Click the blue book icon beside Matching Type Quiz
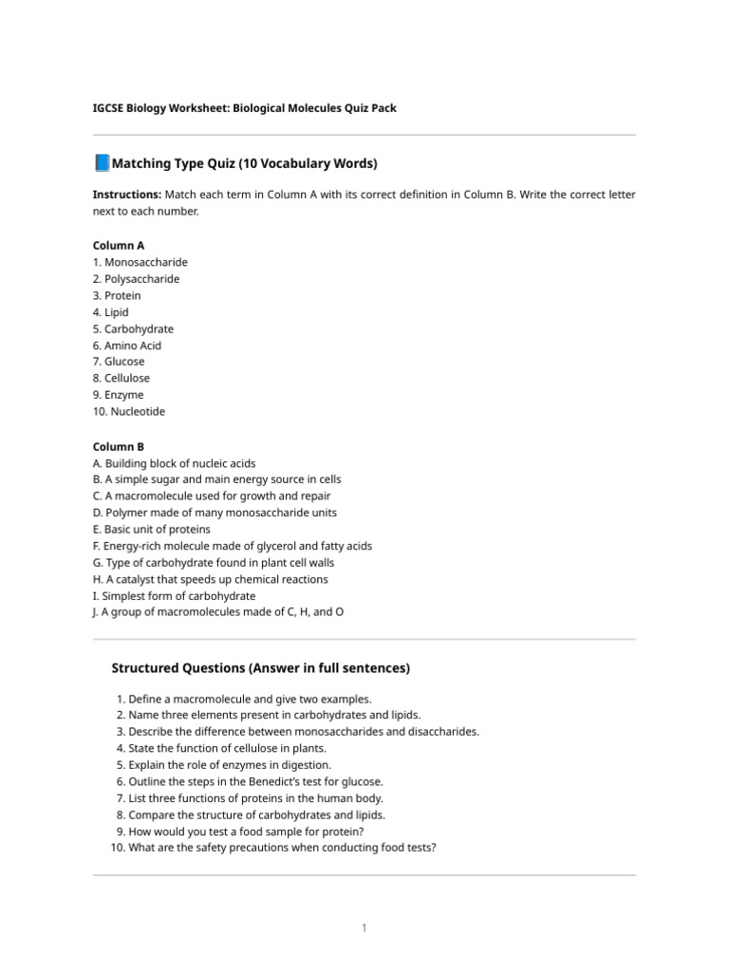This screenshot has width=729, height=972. point(102,163)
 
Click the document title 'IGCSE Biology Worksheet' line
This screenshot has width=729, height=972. point(244,108)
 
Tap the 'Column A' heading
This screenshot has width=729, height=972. point(119,245)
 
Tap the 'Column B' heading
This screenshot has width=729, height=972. point(119,446)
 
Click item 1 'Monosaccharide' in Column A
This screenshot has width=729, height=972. point(140,262)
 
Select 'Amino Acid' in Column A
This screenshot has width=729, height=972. point(127,346)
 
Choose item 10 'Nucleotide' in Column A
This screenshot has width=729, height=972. point(129,411)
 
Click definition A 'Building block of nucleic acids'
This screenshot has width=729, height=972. point(174,463)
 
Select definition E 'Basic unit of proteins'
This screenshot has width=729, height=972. point(152,530)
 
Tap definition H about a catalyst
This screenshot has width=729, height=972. point(210,579)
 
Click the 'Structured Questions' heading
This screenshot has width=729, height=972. point(261,668)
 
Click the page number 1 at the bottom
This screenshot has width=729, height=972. point(364,927)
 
